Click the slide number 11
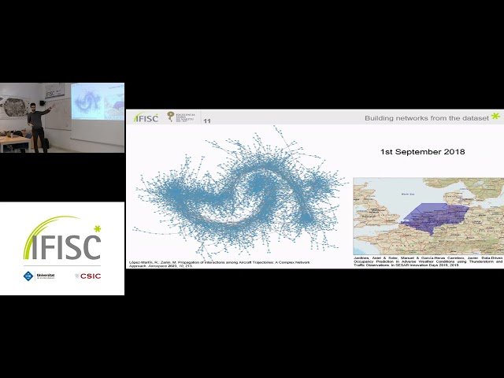(x=207, y=121)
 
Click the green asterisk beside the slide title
(x=495, y=117)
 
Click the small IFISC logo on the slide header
(x=146, y=118)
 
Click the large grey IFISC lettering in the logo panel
(x=63, y=247)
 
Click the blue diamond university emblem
(x=29, y=276)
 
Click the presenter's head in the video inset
(x=33, y=106)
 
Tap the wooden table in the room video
(x=13, y=139)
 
